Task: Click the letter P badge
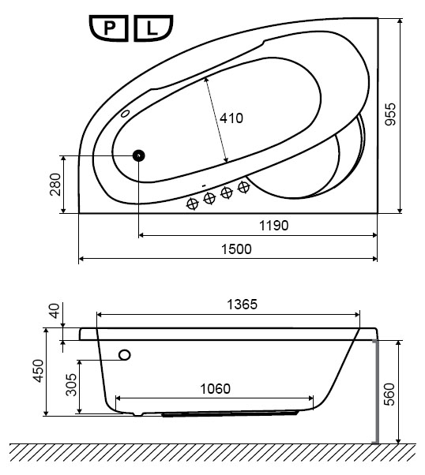coord(108,28)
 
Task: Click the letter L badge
coord(153,28)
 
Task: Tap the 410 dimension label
coord(231,118)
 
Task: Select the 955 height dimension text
coord(390,114)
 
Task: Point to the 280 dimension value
coord(55,185)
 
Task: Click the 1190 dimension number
coord(273,226)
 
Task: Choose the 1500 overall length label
coord(236,249)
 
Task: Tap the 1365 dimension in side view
coord(242,304)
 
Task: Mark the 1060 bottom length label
coord(216,389)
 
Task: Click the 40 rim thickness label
coord(55,311)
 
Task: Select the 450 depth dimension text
coord(39,371)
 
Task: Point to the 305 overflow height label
coord(72,385)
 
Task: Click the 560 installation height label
coord(389,394)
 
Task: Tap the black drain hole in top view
coord(138,155)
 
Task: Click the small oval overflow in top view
coord(125,114)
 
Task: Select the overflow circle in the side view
coord(125,354)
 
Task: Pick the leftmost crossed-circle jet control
coord(192,204)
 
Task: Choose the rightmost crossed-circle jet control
coord(243,187)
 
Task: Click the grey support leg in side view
coord(377,391)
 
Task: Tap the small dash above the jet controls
coord(204,185)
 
